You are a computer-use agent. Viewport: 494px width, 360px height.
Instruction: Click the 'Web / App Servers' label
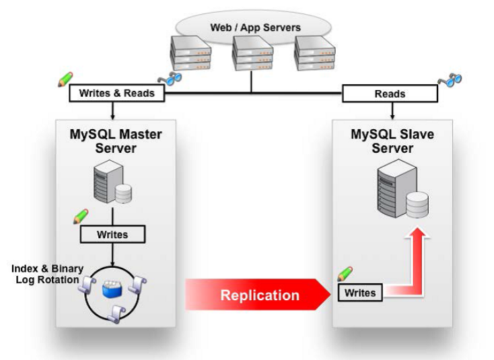point(256,28)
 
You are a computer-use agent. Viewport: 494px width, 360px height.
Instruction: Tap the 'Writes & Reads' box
point(116,94)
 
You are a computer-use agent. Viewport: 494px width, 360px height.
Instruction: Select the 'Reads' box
point(390,94)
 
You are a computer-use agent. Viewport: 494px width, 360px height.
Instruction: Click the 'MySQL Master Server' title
point(116,141)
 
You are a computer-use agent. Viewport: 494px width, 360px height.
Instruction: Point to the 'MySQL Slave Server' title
point(392,141)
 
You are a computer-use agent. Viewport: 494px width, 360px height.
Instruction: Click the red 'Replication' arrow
point(258,295)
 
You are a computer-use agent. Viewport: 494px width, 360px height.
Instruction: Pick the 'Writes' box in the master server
point(112,234)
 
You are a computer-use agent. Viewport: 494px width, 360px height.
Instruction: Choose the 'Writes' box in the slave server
point(360,293)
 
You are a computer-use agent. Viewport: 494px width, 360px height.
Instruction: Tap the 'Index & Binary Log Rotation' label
point(47,274)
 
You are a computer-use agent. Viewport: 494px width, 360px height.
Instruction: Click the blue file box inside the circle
point(112,289)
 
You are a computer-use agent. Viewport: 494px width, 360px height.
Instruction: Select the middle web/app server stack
point(252,52)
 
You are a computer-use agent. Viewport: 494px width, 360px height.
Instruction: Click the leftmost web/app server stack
point(190,52)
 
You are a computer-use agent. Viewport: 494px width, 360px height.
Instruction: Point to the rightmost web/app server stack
point(314,52)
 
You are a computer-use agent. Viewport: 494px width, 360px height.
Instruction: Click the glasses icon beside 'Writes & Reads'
point(170,79)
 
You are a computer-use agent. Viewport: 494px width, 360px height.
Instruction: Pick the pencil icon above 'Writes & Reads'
point(65,79)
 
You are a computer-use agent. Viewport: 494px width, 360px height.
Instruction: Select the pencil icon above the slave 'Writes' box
point(345,274)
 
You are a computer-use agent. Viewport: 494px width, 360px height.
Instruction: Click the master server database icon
point(112,182)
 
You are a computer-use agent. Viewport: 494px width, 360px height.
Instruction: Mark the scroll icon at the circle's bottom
point(116,314)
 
